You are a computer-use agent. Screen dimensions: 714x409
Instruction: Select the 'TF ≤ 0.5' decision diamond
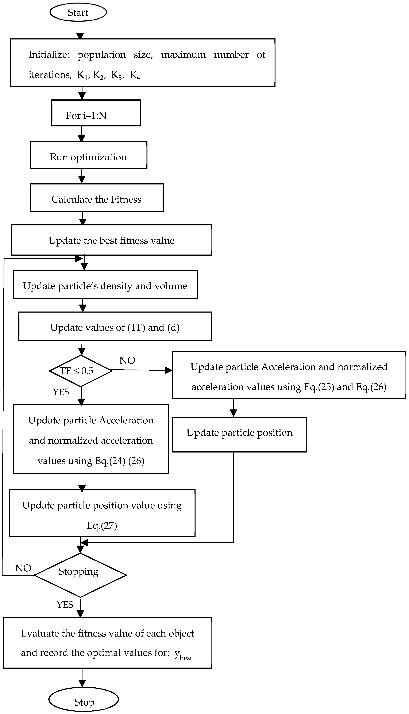[x=81, y=371]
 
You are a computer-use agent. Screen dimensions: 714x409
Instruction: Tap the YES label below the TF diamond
[x=61, y=392]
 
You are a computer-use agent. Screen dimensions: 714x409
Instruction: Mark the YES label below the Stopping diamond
[x=65, y=604]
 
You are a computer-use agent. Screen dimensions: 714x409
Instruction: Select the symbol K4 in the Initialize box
[x=135, y=75]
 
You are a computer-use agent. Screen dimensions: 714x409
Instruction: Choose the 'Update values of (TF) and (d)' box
[x=115, y=327]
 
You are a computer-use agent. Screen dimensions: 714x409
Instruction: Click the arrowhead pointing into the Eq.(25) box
[x=169, y=370]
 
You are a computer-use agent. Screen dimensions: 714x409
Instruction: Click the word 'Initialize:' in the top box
[x=49, y=54]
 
